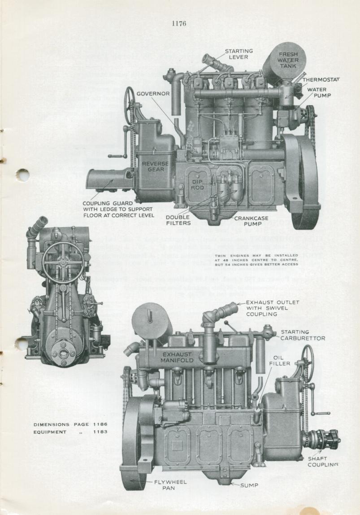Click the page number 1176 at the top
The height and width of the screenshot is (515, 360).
(x=179, y=24)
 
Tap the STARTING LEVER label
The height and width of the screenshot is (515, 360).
(x=239, y=54)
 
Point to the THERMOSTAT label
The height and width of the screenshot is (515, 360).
(x=321, y=79)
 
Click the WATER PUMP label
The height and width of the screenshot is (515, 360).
(x=317, y=92)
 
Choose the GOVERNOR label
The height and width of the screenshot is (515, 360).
(x=153, y=94)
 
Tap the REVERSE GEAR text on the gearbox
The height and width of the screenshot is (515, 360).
(x=156, y=167)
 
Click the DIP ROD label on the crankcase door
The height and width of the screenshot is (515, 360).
(x=198, y=184)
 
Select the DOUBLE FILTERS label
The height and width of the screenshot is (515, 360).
(x=178, y=220)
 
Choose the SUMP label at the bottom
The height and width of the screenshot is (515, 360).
(x=249, y=485)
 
